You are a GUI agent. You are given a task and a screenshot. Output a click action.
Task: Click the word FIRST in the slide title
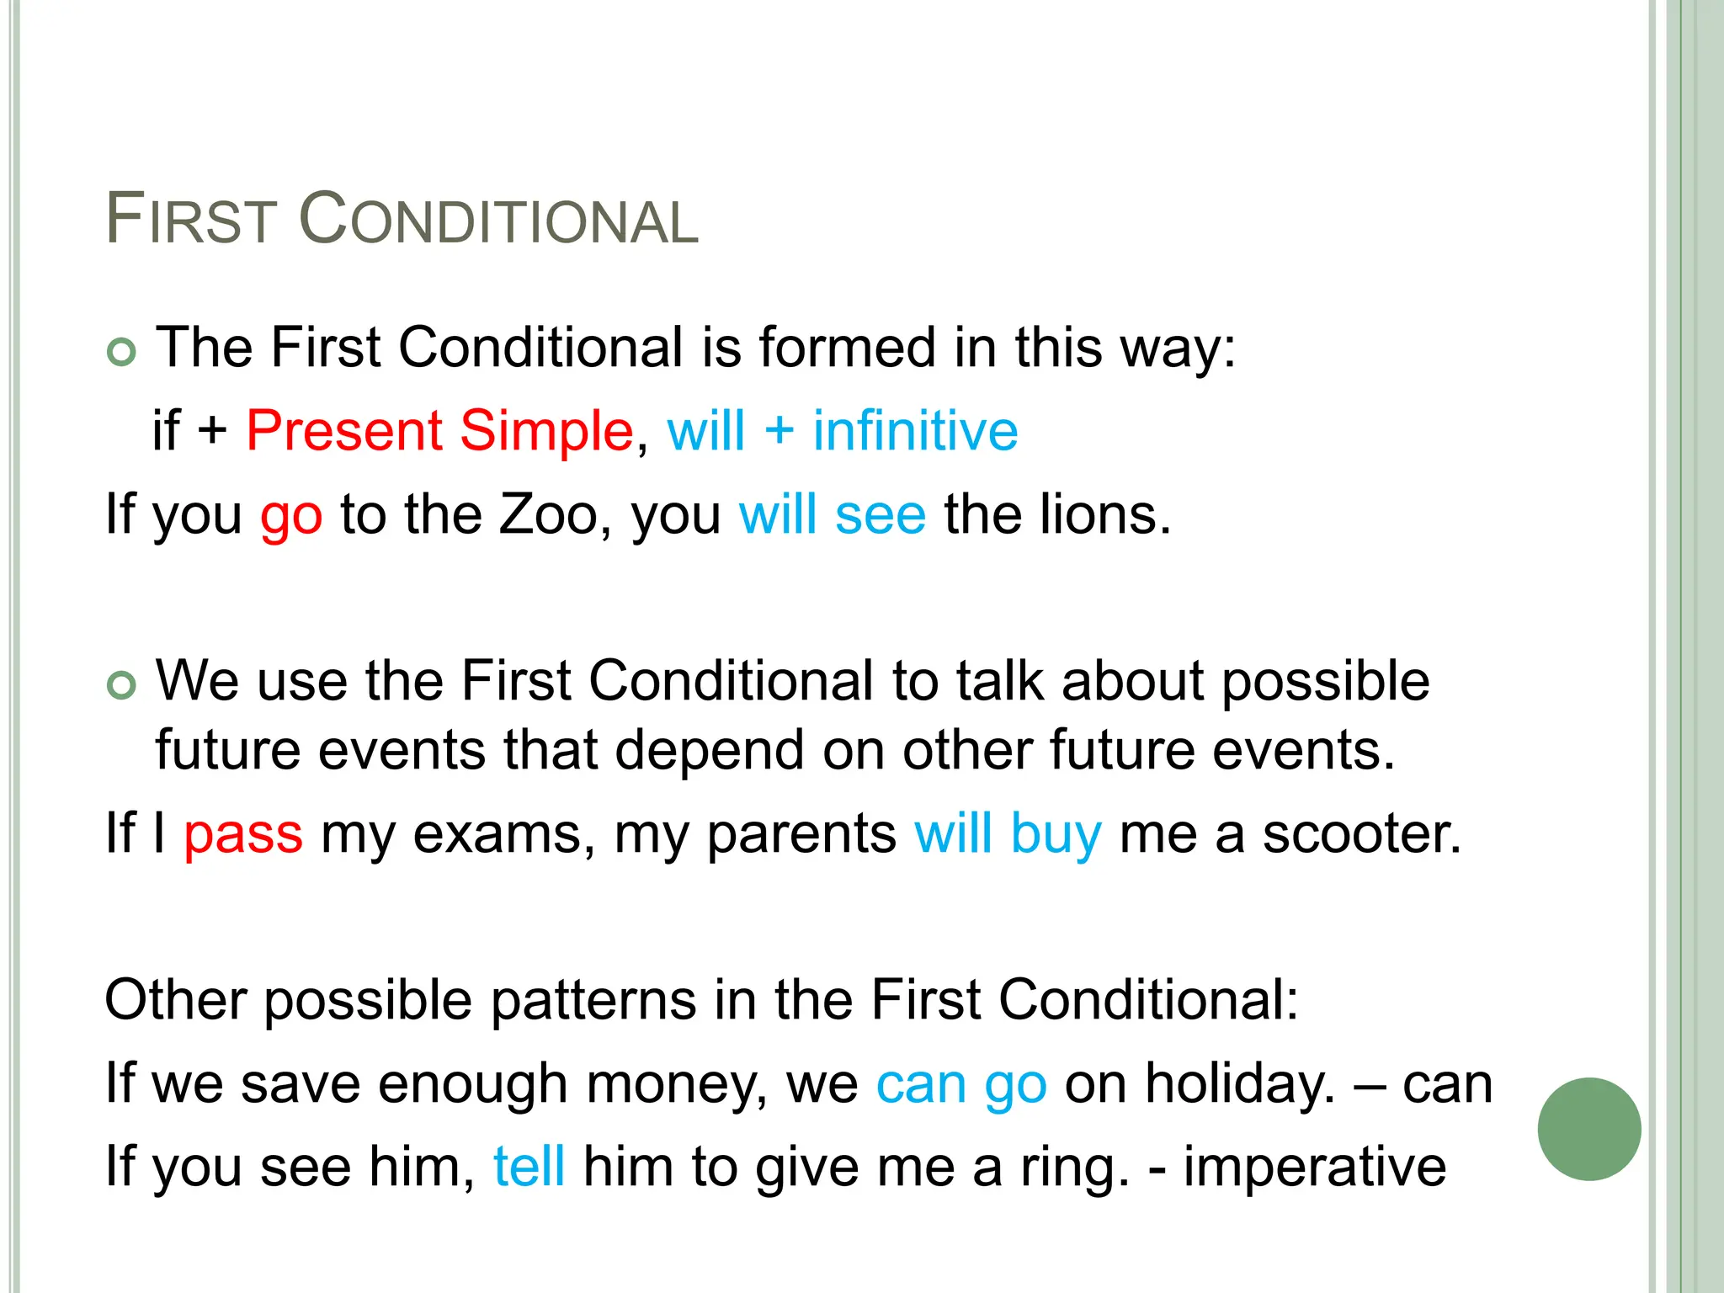pyautogui.click(x=191, y=219)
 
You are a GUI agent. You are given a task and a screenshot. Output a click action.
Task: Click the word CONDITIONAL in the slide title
pyautogui.click(x=498, y=219)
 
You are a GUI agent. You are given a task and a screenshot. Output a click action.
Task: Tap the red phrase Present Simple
pyautogui.click(x=439, y=430)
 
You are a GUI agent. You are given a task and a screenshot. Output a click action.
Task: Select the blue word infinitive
pyautogui.click(x=915, y=430)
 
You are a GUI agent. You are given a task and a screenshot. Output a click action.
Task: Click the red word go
pyautogui.click(x=291, y=515)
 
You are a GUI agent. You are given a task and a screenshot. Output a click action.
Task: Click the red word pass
pyautogui.click(x=243, y=835)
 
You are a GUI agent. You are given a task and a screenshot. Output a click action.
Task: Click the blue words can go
pyautogui.click(x=961, y=1084)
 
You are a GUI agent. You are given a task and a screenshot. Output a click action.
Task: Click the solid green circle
pyautogui.click(x=1589, y=1129)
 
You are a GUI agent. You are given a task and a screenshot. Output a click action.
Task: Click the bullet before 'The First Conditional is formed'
pyautogui.click(x=122, y=351)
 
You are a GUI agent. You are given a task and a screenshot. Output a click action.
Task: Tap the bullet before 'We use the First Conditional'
pyautogui.click(x=122, y=684)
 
